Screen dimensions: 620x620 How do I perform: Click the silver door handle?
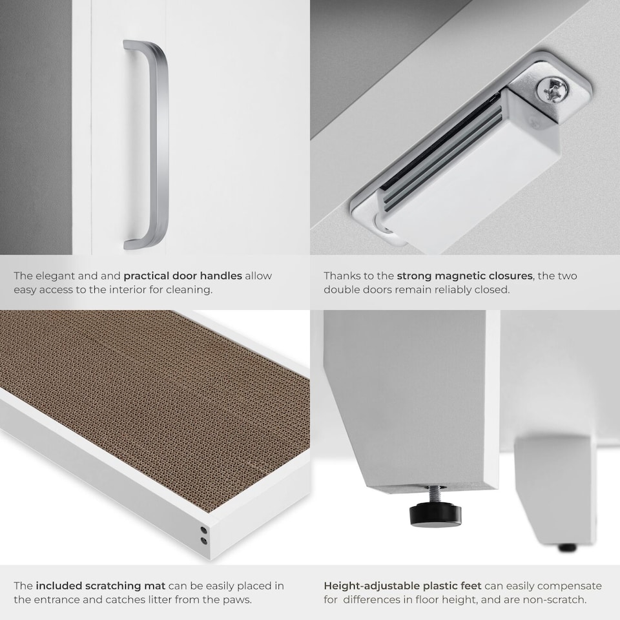click(157, 144)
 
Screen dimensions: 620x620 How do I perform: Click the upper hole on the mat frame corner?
click(203, 530)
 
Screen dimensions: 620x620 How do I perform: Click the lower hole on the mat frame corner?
click(203, 540)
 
